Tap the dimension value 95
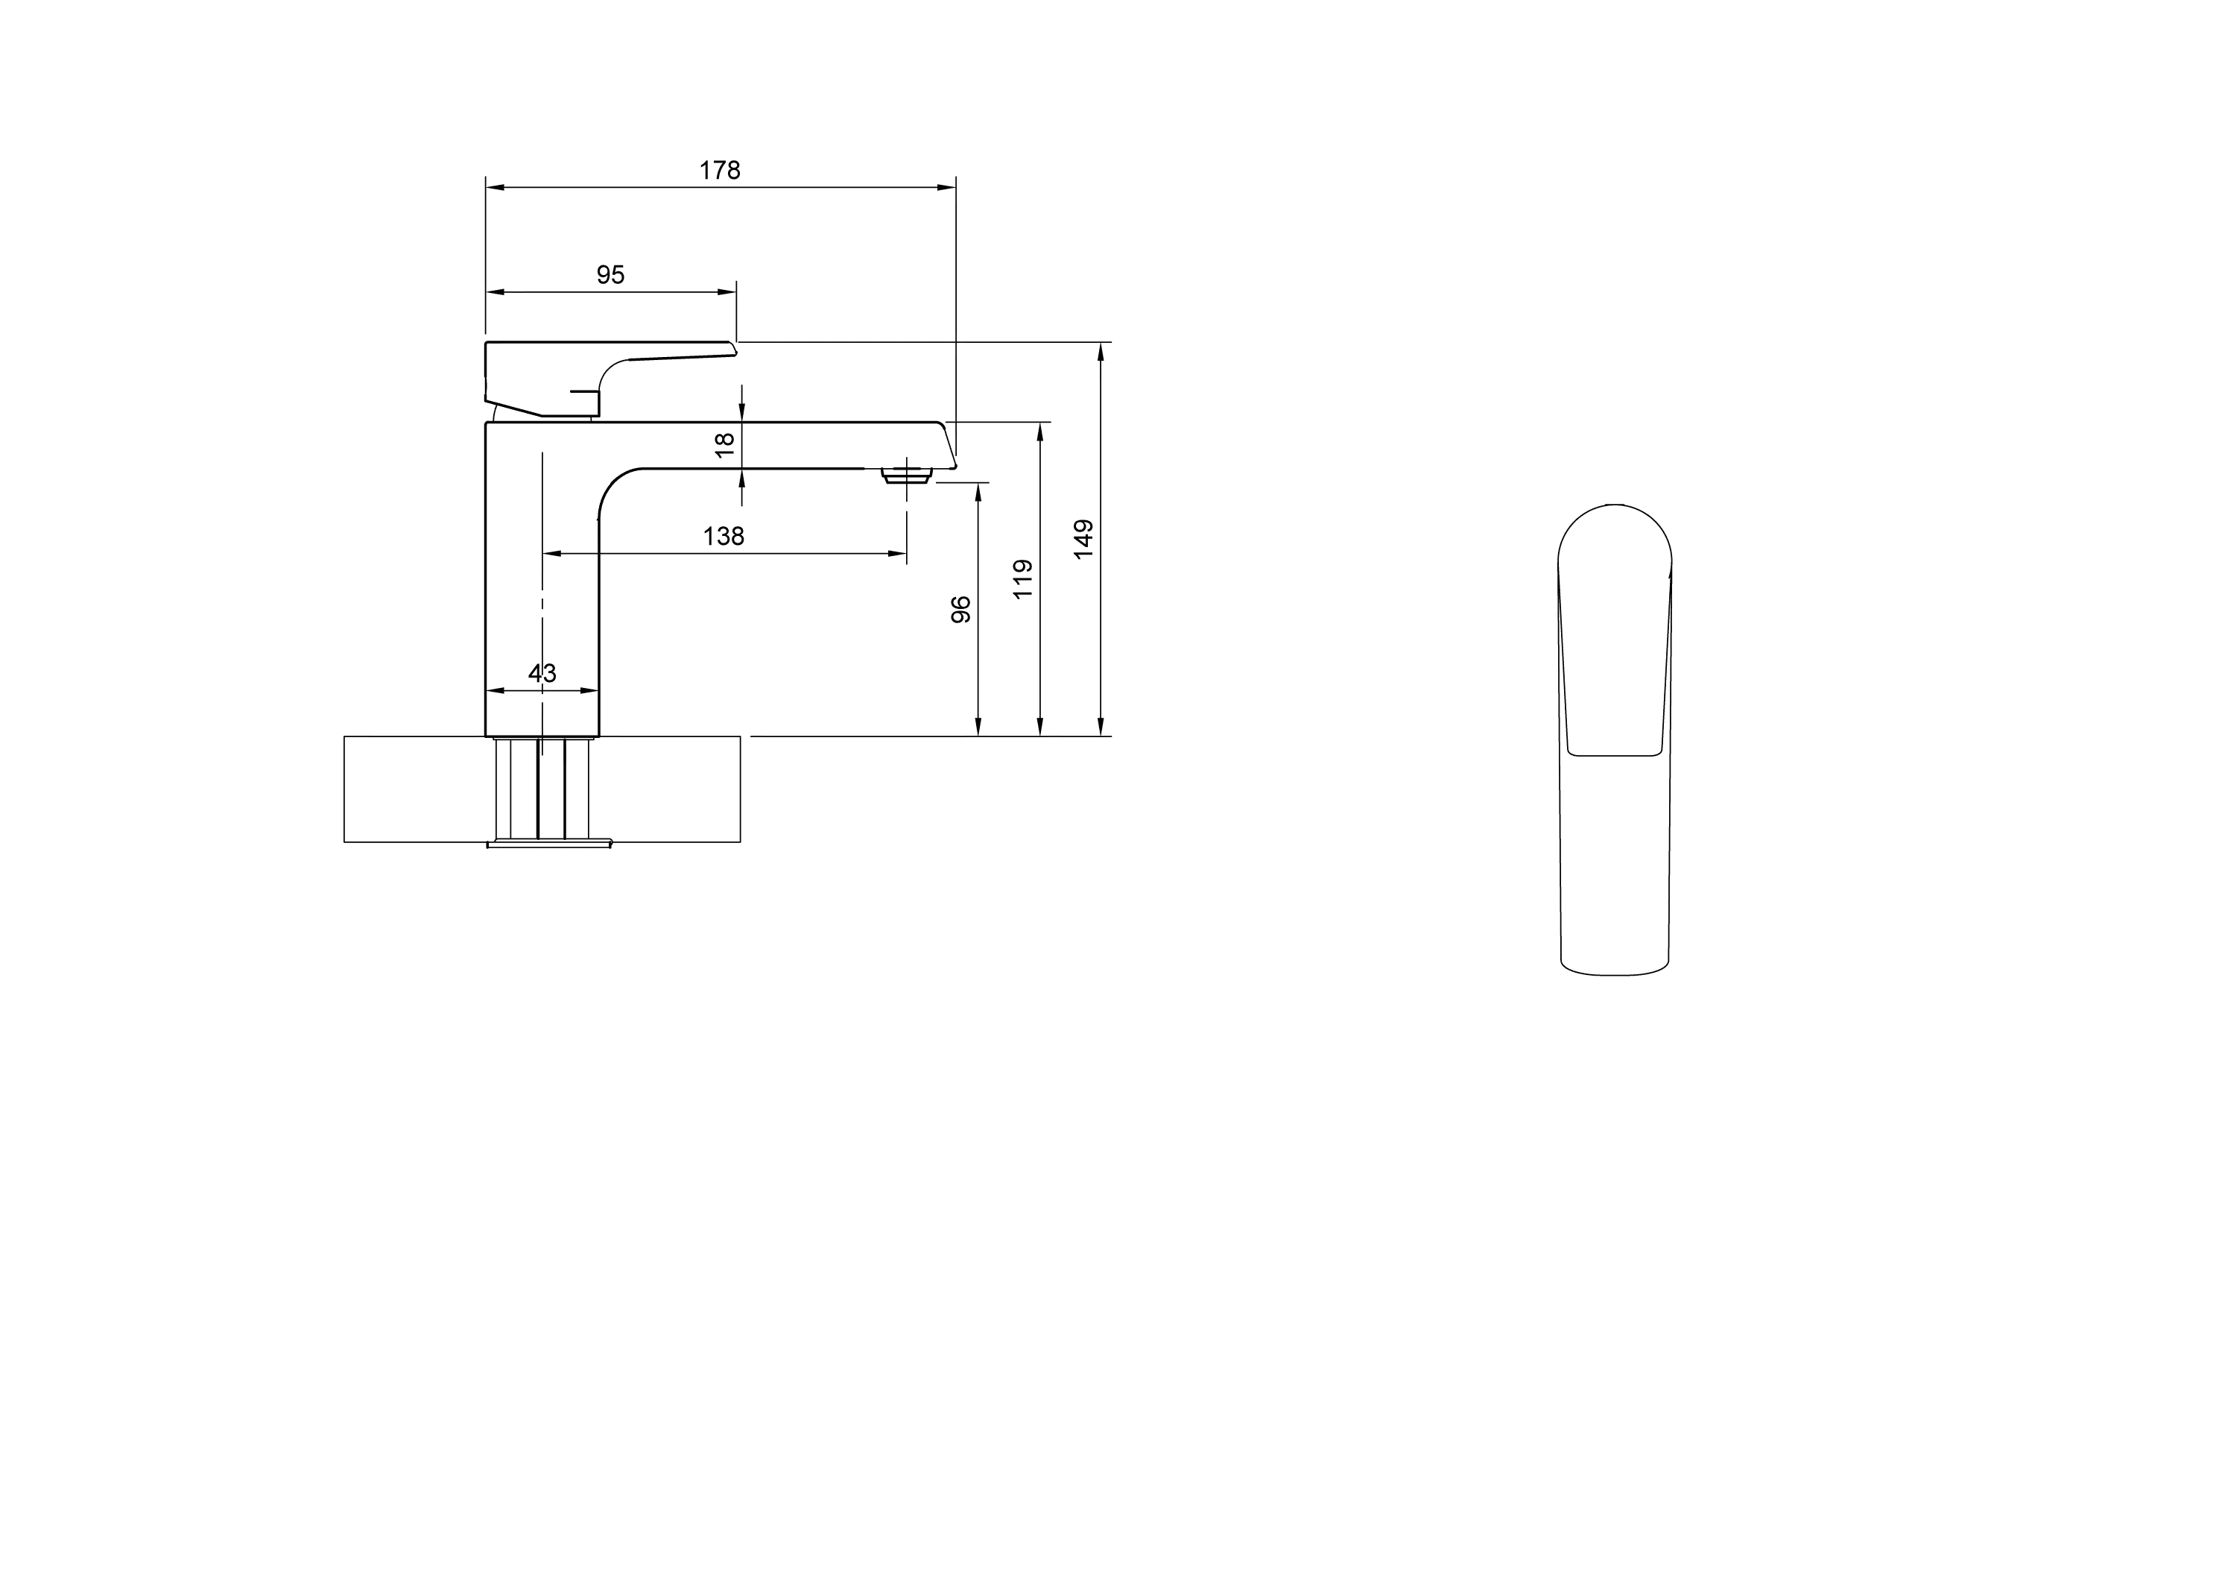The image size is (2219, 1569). (611, 274)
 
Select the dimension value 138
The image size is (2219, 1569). (724, 536)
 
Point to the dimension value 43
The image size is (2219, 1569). (542, 673)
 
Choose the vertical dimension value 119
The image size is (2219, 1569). (1022, 579)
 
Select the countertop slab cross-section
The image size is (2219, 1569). (542, 789)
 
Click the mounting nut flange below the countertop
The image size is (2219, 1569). (549, 844)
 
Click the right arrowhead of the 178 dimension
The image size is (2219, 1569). (948, 188)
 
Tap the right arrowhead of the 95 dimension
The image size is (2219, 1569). (728, 292)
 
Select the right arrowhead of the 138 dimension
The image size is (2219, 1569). (898, 554)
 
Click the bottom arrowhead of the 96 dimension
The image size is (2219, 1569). (978, 726)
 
